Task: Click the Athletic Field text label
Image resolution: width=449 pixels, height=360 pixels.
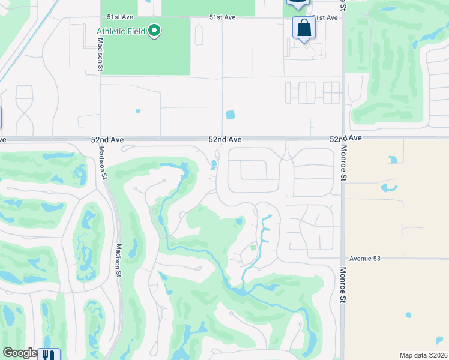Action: pyautogui.click(x=121, y=31)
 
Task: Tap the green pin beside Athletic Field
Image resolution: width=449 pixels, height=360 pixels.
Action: pyautogui.click(x=154, y=31)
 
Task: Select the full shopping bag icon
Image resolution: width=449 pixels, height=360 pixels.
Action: pyautogui.click(x=304, y=28)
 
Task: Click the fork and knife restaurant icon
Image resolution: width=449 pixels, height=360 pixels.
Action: pyautogui.click(x=49, y=355)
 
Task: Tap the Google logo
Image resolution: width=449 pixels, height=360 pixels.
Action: pyautogui.click(x=20, y=353)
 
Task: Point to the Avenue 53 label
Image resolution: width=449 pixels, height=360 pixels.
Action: pyautogui.click(x=365, y=259)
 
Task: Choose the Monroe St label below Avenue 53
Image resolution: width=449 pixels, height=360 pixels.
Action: pyautogui.click(x=343, y=285)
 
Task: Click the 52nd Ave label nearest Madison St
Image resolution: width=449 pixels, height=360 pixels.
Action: pyautogui.click(x=107, y=139)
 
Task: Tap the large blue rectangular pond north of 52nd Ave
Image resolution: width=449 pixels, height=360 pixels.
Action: pyautogui.click(x=231, y=114)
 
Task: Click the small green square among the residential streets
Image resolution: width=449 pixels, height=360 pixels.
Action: pyautogui.click(x=253, y=247)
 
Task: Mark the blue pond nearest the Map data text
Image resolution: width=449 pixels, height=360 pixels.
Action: pyautogui.click(x=408, y=314)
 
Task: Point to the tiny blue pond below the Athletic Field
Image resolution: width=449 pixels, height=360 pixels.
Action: pyautogui.click(x=138, y=111)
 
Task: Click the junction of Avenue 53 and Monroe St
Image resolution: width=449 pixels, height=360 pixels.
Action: pyautogui.click(x=343, y=259)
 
